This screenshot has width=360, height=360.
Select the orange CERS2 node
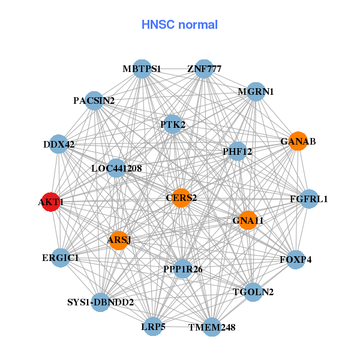click(181, 197)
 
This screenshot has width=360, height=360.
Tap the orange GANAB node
click(298, 142)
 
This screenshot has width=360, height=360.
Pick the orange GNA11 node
click(248, 220)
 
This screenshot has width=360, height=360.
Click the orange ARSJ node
click(119, 241)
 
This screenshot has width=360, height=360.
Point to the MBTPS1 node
click(142, 69)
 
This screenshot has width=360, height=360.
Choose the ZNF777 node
click(204, 69)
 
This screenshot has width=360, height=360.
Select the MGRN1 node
click(256, 92)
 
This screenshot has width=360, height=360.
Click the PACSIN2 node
click(94, 101)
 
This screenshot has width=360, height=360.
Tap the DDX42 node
click(58, 144)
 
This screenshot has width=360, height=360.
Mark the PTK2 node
click(173, 125)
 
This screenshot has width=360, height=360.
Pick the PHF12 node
click(237, 152)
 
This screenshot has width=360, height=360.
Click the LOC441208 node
click(116, 169)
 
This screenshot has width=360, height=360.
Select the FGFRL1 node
click(308, 199)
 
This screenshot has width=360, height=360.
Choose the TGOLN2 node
click(253, 292)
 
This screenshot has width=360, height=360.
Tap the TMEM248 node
click(212, 327)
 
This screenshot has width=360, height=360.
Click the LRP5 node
click(153, 326)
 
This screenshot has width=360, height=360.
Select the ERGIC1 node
click(61, 257)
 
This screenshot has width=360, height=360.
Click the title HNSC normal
click(179, 25)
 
